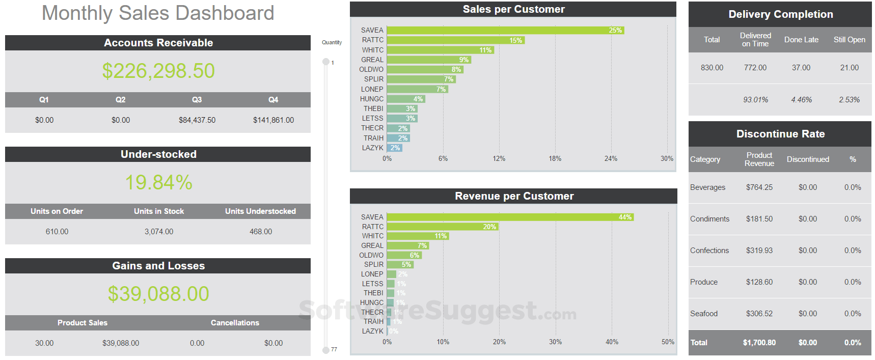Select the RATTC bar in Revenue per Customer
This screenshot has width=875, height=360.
442,227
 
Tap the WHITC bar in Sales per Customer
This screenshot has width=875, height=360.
440,50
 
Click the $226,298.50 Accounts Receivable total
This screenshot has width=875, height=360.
158,71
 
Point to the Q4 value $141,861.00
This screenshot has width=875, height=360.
274,120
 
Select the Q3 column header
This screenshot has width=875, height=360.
197,100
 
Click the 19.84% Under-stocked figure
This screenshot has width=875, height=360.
158,182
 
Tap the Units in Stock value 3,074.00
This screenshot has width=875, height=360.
158,232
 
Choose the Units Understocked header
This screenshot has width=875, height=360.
260,211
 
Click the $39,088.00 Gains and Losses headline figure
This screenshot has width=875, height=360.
158,294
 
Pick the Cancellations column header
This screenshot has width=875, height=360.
235,323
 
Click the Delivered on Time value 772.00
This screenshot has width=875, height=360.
755,68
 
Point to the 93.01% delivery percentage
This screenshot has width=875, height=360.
755,100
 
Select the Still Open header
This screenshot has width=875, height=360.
849,40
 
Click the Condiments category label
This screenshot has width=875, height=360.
709,219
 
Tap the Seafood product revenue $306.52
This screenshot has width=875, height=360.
759,314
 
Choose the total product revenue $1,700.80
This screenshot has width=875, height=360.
759,343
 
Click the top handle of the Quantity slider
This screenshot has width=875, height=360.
326,62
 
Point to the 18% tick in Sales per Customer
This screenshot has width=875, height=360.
555,159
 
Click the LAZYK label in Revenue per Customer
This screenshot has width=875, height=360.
372,331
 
